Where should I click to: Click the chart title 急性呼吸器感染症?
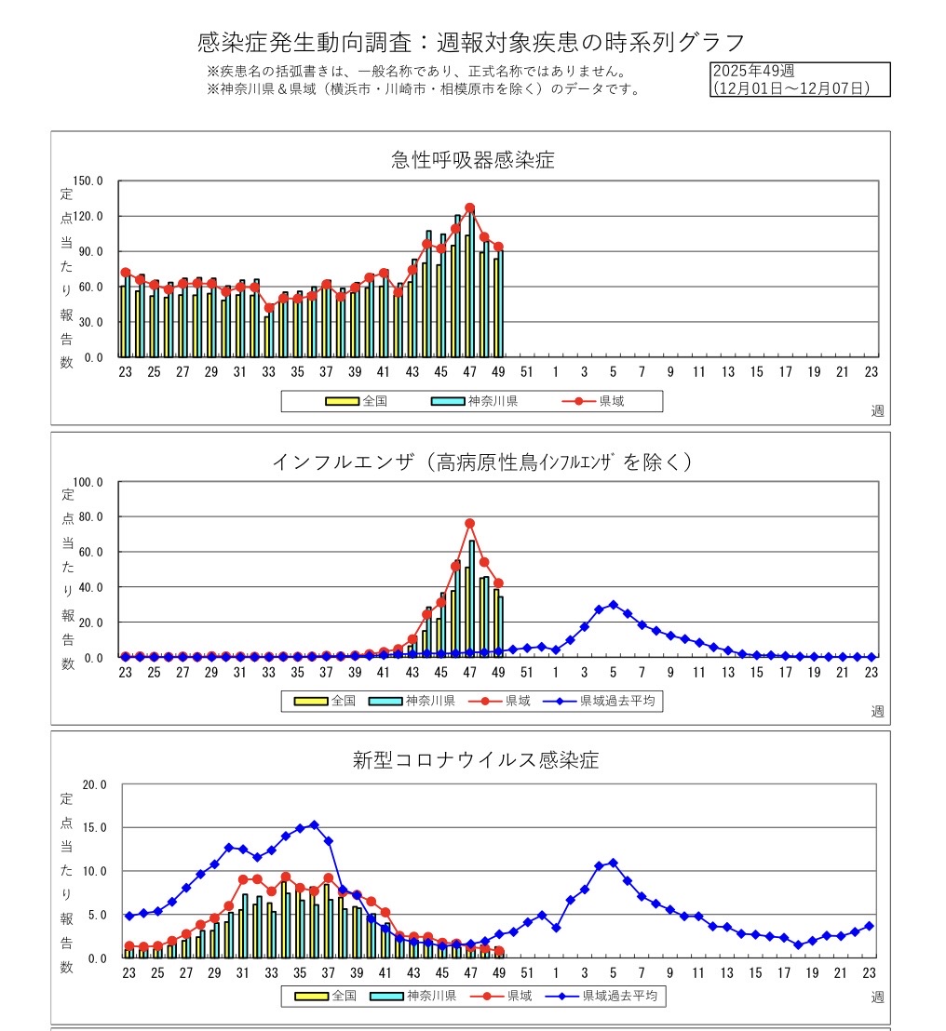pyautogui.click(x=472, y=160)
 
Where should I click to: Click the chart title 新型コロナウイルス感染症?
pyautogui.click(x=475, y=760)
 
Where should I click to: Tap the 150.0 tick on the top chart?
pyautogui.click(x=86, y=181)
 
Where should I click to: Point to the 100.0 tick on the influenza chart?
pyautogui.click(x=86, y=482)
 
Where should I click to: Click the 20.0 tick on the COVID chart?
pyautogui.click(x=94, y=784)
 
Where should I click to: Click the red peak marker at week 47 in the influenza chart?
pyautogui.click(x=470, y=524)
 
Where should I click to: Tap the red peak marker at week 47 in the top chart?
pyautogui.click(x=470, y=208)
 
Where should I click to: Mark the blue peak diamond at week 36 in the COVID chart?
pyautogui.click(x=314, y=824)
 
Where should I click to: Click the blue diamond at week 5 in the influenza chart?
pyautogui.click(x=613, y=605)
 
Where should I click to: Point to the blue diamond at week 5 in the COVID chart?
pyautogui.click(x=613, y=863)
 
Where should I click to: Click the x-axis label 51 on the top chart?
pyautogui.click(x=526, y=372)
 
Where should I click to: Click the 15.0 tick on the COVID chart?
pyautogui.click(x=94, y=827)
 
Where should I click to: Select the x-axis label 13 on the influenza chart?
pyautogui.click(x=727, y=672)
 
